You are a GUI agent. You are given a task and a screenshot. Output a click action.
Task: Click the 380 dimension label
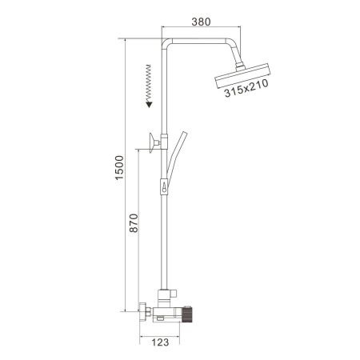click(201, 22)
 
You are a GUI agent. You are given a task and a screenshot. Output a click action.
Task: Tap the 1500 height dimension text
click(119, 168)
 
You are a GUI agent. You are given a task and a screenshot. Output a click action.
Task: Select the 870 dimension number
click(134, 223)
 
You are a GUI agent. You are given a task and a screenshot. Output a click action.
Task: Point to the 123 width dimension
click(160, 342)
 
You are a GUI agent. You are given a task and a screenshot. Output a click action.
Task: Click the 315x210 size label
click(246, 88)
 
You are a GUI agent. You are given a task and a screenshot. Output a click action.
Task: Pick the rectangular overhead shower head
click(242, 76)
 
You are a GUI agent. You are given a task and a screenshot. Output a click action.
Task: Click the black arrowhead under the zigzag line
click(149, 104)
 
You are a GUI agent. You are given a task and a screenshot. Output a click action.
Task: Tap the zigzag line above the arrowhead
click(149, 82)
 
